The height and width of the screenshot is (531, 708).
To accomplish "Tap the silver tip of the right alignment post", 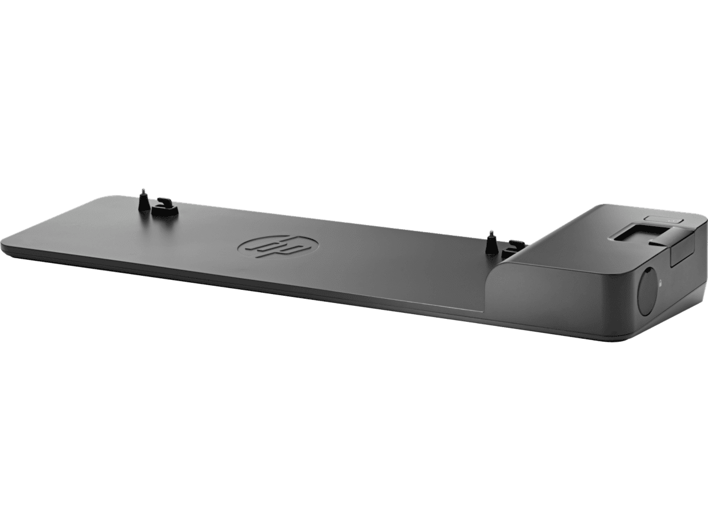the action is point(491,233).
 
